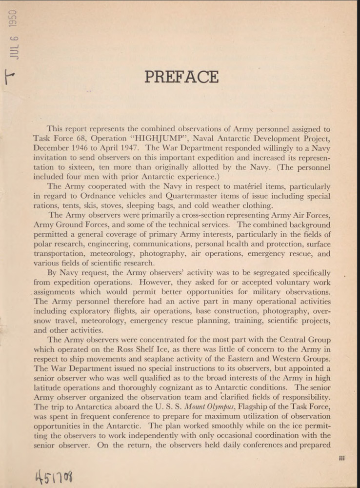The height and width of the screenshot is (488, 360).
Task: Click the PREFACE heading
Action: [x=181, y=77]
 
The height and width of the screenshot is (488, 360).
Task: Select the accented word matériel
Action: [x=240, y=187]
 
